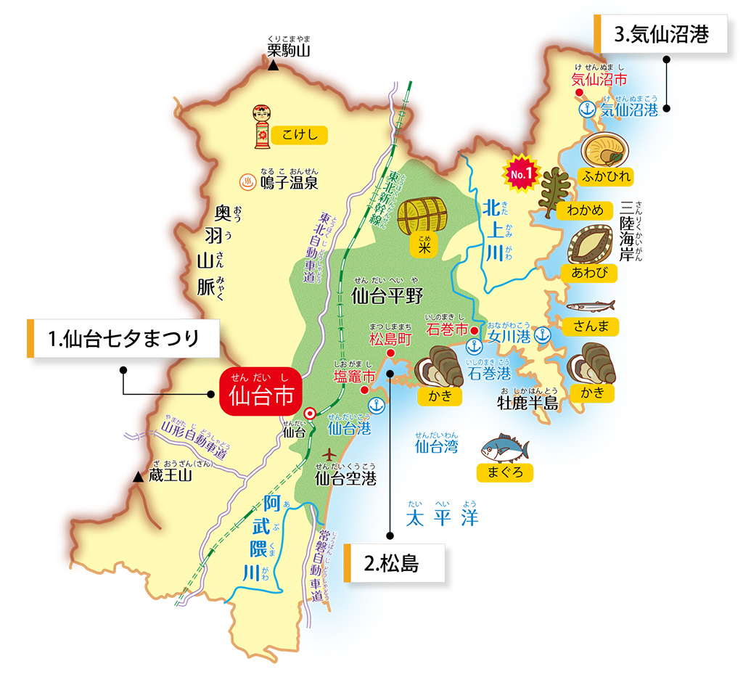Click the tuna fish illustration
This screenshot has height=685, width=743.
click(504, 448)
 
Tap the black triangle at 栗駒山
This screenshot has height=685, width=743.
click(274, 66)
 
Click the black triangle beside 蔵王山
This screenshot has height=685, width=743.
click(139, 477)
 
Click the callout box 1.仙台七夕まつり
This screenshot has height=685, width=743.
click(123, 338)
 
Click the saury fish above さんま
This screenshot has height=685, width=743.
click(589, 305)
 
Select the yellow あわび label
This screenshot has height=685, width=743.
click(589, 273)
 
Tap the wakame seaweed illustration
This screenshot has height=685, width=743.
click(556, 190)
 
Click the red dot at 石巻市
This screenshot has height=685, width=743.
click(474, 331)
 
